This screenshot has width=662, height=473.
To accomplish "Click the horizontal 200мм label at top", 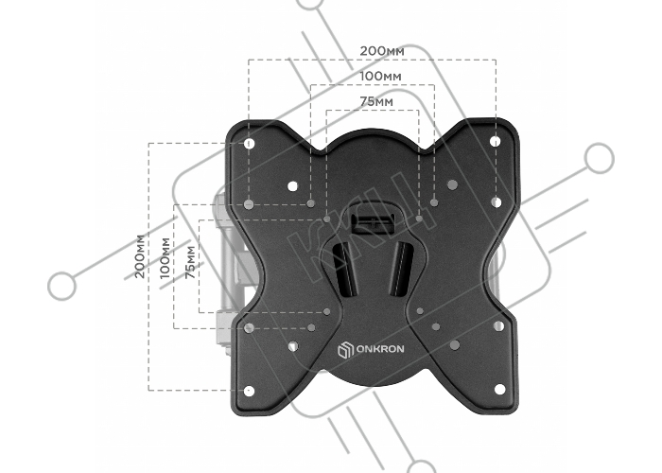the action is pyautogui.click(x=382, y=51).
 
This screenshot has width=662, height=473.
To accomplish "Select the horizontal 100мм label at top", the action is pyautogui.click(x=380, y=77).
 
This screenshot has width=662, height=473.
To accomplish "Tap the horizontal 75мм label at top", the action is pyautogui.click(x=376, y=102).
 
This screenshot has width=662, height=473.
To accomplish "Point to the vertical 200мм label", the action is pyautogui.click(x=140, y=256).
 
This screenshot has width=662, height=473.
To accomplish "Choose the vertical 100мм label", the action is pyautogui.click(x=165, y=258).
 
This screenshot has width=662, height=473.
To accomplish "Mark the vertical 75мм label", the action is pyautogui.click(x=190, y=262).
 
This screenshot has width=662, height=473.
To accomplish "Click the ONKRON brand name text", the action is pyautogui.click(x=380, y=349).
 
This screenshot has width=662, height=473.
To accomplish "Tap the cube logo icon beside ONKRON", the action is pyautogui.click(x=345, y=351).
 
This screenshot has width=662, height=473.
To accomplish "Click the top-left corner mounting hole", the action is pyautogui.click(x=249, y=144).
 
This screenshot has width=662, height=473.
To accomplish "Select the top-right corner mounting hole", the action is pyautogui.click(x=496, y=141).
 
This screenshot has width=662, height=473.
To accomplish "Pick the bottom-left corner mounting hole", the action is pyautogui.click(x=249, y=391).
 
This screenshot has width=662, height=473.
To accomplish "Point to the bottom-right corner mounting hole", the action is pyautogui.click(x=499, y=389).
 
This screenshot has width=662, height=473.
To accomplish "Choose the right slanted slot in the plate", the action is pyautogui.click(x=400, y=269).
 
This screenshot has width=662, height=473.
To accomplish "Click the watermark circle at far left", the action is pyautogui.click(x=62, y=286).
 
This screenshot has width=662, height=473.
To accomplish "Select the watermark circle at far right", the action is pyautogui.click(x=599, y=158).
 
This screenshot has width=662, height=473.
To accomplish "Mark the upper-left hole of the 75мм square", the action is pyautogui.click(x=327, y=219).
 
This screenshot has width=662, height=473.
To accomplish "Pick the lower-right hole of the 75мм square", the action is pyautogui.click(x=420, y=311).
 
